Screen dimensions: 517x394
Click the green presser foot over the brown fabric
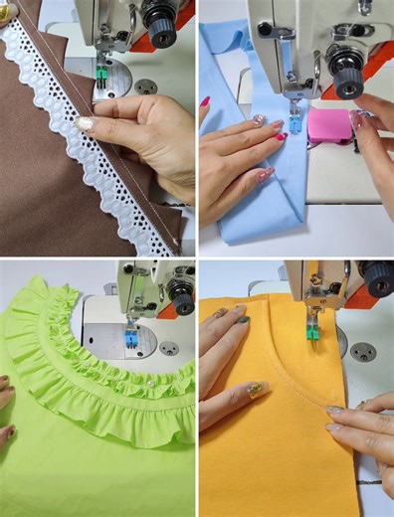[x=101, y=71]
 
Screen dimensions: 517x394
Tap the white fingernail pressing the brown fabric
[x=85, y=124]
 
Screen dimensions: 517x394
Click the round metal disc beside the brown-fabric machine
[x=146, y=86]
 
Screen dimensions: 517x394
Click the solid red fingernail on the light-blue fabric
[x=280, y=136]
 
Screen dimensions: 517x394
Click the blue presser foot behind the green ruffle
[x=130, y=339]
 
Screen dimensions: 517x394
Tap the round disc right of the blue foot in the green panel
[x=170, y=348]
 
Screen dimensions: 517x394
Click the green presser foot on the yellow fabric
[x=312, y=332]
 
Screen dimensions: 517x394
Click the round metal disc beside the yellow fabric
[x=362, y=351]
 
